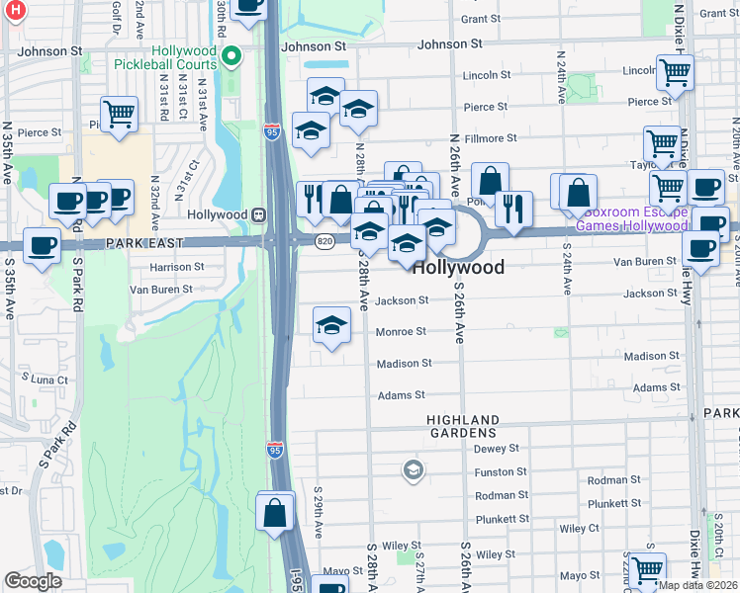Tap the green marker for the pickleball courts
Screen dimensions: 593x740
(x=232, y=56)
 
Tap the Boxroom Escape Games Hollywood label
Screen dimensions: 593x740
(x=634, y=218)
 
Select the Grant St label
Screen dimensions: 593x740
(x=481, y=19)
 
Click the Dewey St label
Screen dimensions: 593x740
(x=497, y=448)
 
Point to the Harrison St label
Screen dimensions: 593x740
(x=177, y=267)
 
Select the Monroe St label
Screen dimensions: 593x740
(x=401, y=332)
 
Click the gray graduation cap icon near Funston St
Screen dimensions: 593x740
(x=414, y=470)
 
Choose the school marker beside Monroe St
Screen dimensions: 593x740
(x=332, y=325)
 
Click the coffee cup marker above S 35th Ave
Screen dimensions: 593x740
(x=42, y=245)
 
